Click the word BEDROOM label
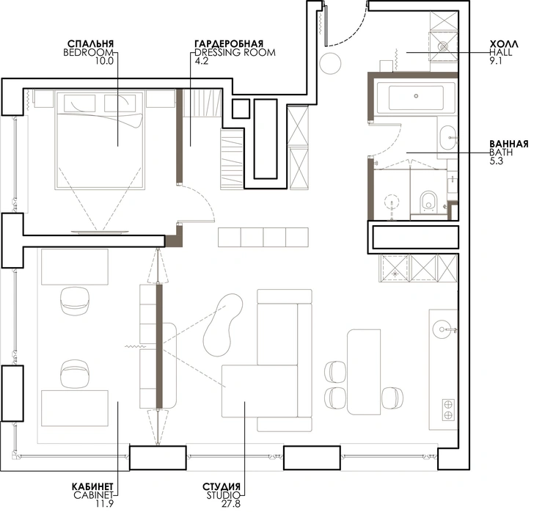point(88,53)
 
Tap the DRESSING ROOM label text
point(235,53)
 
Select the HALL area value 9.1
point(496,61)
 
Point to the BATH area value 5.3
point(496,161)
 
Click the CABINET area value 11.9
point(104,503)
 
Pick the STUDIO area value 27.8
point(231,503)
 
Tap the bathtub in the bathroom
point(416,97)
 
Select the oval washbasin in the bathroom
point(447,138)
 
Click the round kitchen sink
point(442,329)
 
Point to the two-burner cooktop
point(448,409)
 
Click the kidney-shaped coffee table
point(223,325)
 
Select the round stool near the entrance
point(330,64)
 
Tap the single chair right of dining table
point(392,398)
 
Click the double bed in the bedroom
point(99,139)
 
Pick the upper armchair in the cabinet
point(75,301)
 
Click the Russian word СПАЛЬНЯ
point(91,44)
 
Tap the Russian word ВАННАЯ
point(509,144)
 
